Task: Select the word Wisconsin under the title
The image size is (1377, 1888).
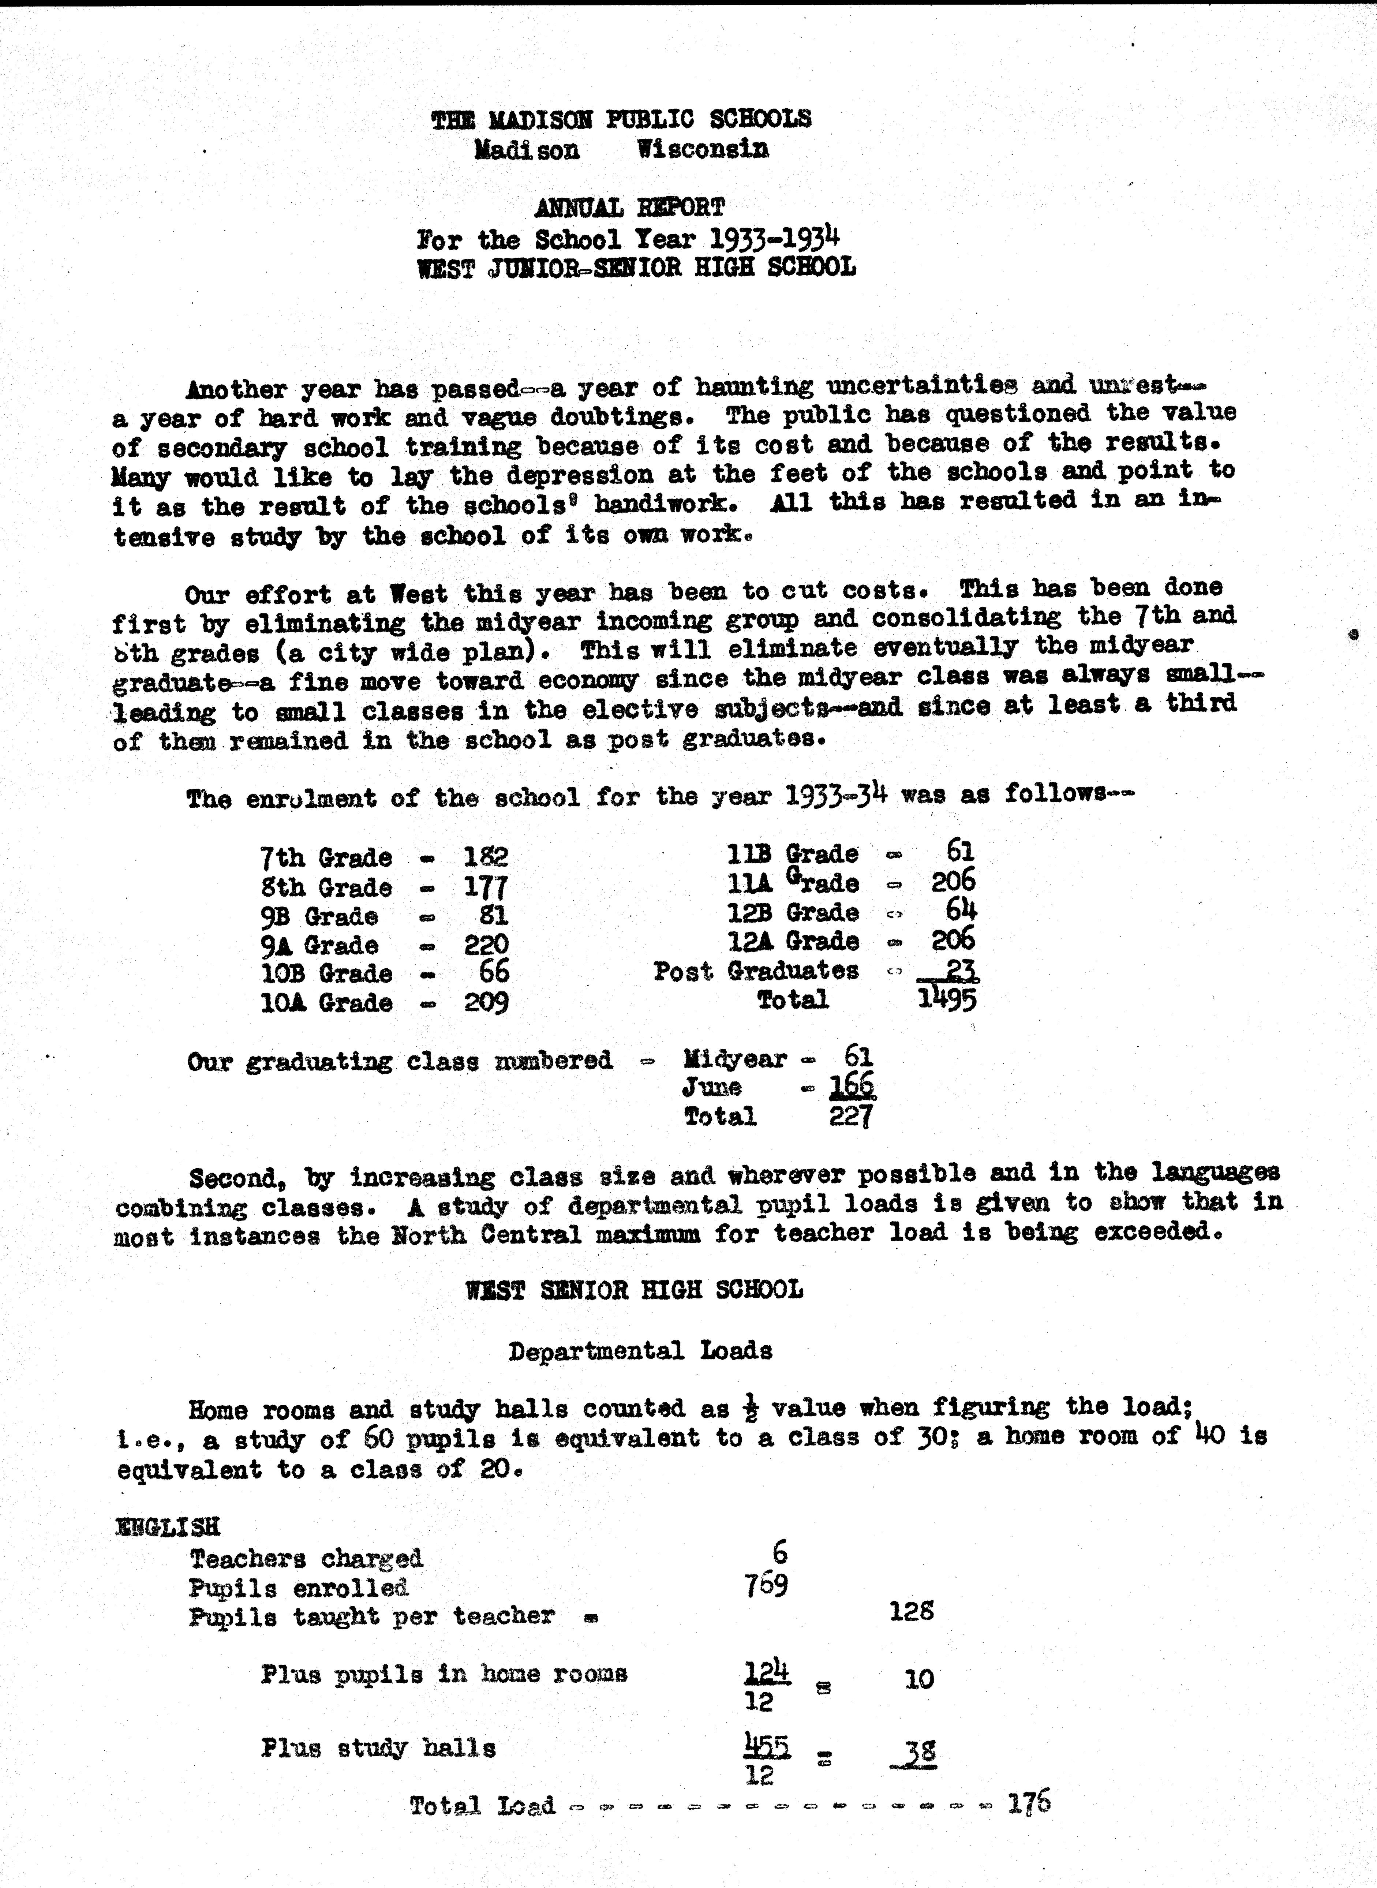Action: (702, 150)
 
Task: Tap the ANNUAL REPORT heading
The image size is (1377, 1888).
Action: (629, 207)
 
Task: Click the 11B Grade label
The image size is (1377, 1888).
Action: (792, 853)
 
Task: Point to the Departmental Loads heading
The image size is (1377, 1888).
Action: (640, 1350)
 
